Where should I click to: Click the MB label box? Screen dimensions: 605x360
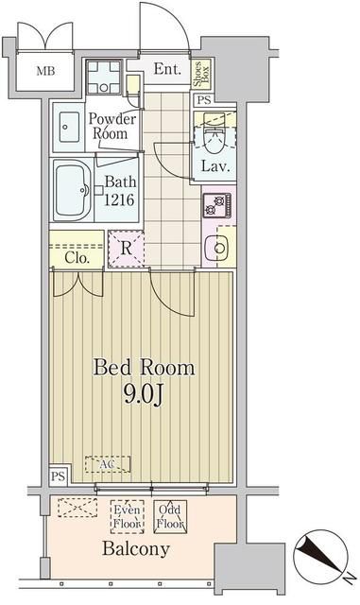(44, 71)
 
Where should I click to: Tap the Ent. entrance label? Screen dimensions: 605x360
(167, 68)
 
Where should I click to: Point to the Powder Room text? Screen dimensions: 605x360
(111, 127)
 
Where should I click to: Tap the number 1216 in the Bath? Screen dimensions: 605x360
(120, 199)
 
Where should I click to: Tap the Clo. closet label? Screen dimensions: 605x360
(77, 256)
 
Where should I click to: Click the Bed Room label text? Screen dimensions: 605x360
(144, 367)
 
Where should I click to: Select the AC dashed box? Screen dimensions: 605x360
(108, 464)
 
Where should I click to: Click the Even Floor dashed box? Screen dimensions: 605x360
(127, 516)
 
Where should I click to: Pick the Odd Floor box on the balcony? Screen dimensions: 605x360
(170, 516)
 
